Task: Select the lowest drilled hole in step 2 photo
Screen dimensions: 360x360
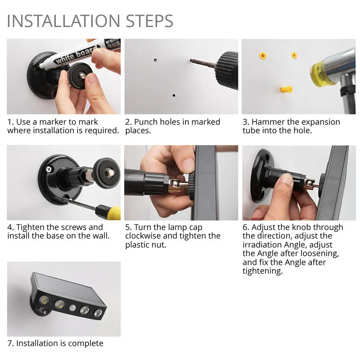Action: tap(173, 95)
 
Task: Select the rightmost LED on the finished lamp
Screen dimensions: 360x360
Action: tap(98, 313)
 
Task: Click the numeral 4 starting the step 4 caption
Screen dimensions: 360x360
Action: tap(10, 227)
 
